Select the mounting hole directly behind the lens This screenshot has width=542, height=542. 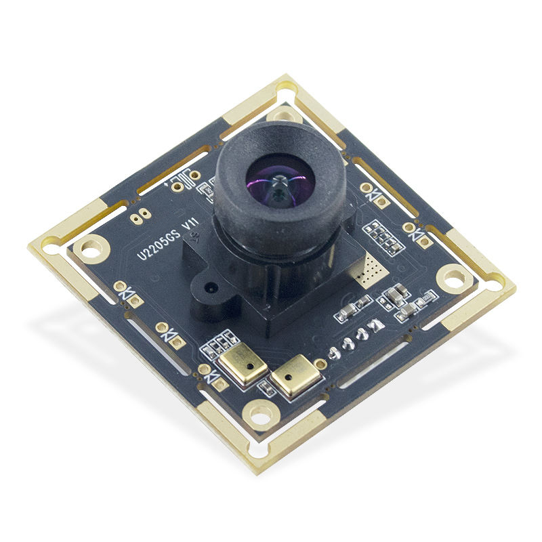[283, 113]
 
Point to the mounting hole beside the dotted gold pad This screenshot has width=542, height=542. [451, 276]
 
